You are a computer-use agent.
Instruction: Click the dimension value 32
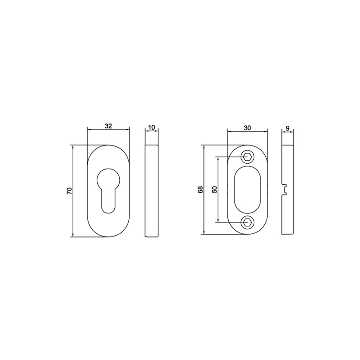tap(108, 126)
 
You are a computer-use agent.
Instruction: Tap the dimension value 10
tap(152, 127)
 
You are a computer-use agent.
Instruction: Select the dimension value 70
tap(69, 191)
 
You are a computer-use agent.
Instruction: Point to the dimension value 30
tap(247, 128)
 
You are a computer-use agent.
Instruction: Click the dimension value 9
tap(288, 128)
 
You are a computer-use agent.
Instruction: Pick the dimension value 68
tap(201, 190)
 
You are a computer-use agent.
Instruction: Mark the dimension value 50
tap(214, 190)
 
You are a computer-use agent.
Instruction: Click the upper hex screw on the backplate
tap(247, 157)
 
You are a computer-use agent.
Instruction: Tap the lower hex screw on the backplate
tap(247, 223)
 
